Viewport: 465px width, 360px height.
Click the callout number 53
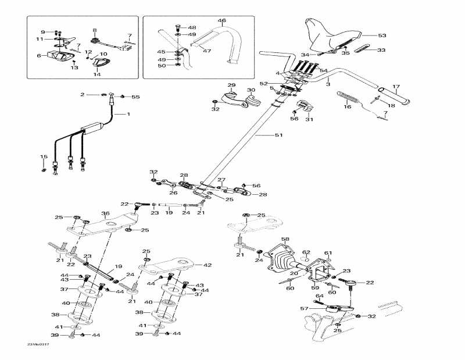click(x=382, y=35)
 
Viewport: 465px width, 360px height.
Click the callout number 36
click(x=105, y=213)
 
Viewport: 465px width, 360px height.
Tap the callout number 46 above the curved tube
click(x=221, y=21)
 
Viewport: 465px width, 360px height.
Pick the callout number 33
click(x=381, y=51)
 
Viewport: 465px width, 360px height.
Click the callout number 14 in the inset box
click(x=97, y=74)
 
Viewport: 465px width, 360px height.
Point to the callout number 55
click(x=136, y=96)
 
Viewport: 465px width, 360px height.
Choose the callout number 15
click(x=43, y=156)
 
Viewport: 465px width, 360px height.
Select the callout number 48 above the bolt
click(x=192, y=27)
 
